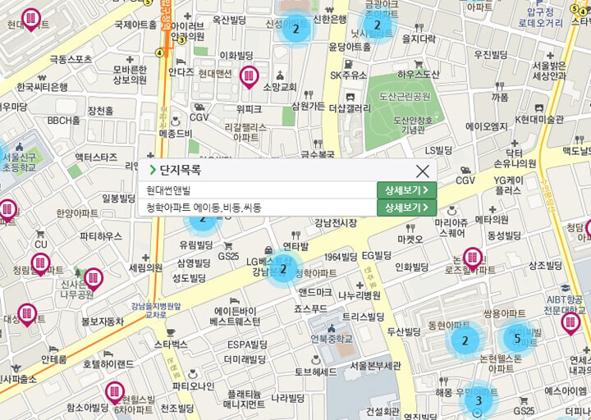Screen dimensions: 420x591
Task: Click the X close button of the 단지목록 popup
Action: click(x=423, y=171)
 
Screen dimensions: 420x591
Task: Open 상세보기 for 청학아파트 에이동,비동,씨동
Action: click(x=406, y=208)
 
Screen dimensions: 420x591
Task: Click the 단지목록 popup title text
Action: click(x=181, y=171)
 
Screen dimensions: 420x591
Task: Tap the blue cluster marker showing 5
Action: click(x=517, y=337)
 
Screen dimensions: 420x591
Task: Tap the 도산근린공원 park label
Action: click(x=405, y=97)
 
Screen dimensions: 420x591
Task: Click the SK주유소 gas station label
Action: click(x=348, y=75)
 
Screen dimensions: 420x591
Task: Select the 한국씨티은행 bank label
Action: click(x=42, y=86)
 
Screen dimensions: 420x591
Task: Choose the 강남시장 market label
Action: click(x=336, y=222)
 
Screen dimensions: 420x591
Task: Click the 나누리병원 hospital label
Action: click(x=360, y=295)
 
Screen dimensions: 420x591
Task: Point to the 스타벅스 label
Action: click(x=171, y=344)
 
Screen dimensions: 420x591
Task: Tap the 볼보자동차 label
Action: click(x=103, y=322)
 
